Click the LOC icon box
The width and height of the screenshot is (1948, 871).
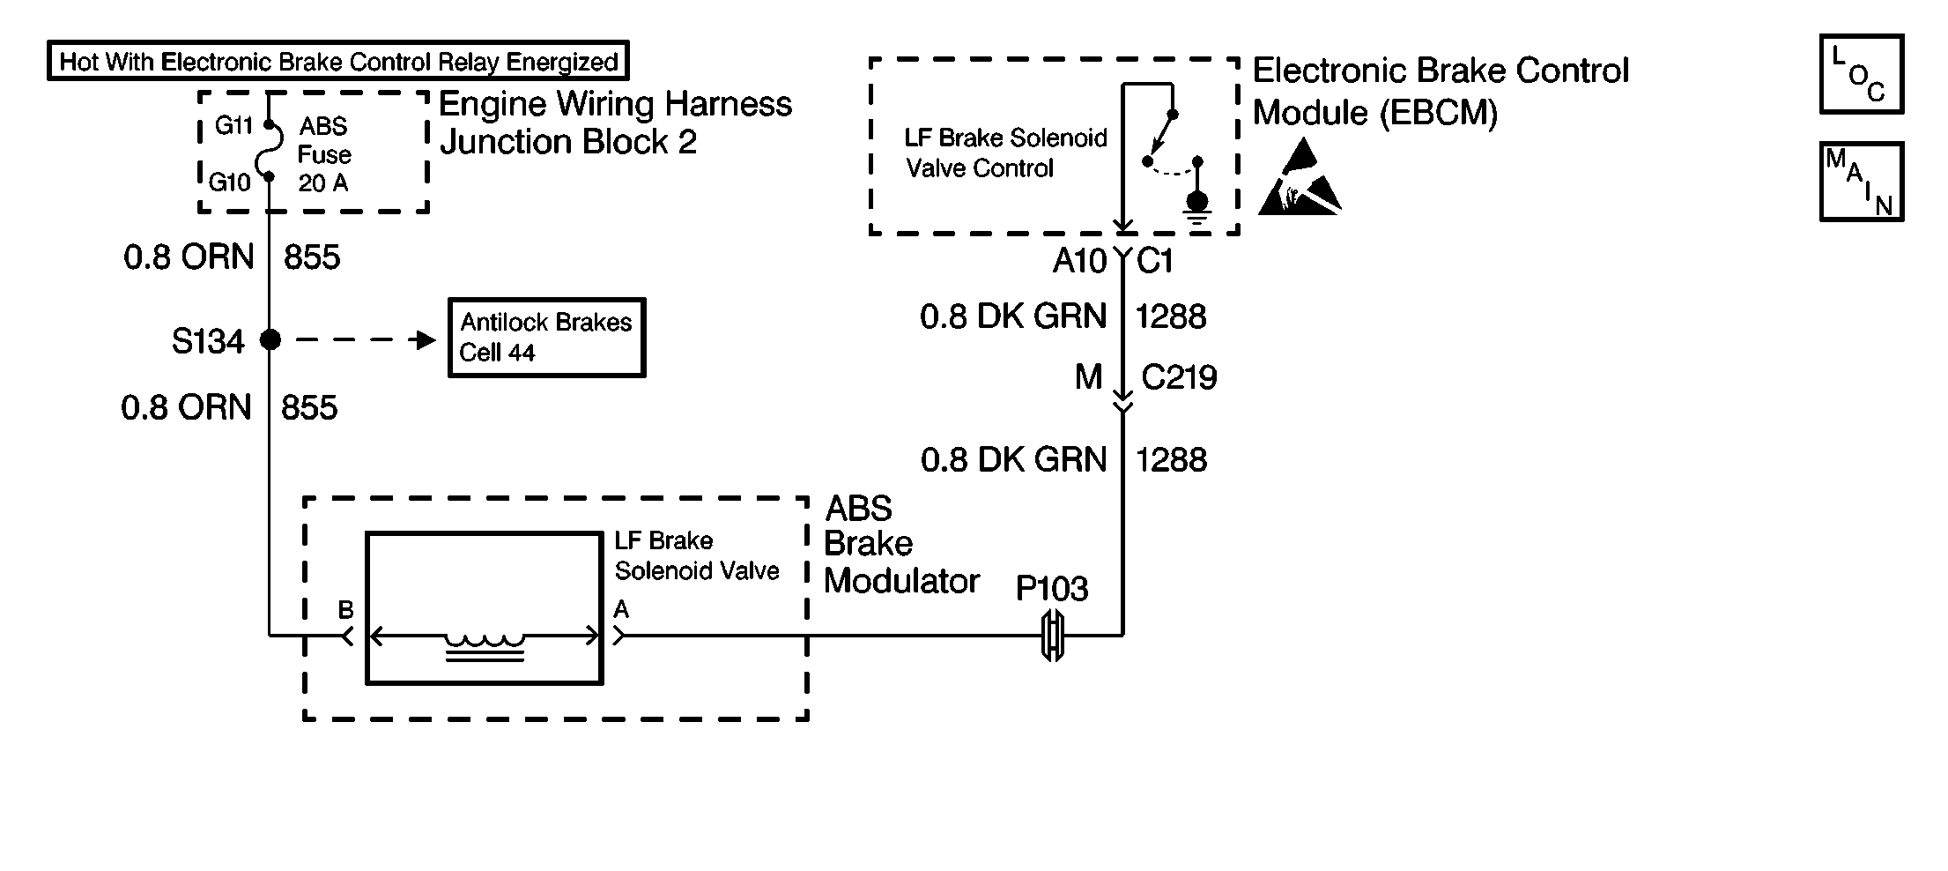point(1862,75)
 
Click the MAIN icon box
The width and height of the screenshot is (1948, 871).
point(1862,182)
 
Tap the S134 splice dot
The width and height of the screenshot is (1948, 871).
point(270,339)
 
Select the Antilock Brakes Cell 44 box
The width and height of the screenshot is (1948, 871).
point(546,338)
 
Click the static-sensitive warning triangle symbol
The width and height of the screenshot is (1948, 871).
point(1298,182)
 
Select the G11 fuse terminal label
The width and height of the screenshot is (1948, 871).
point(233,126)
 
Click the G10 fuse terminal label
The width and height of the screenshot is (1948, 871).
point(230,182)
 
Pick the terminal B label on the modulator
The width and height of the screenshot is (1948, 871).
point(346,610)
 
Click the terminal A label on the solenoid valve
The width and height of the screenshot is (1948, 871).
point(621,609)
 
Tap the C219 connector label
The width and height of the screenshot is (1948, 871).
point(1179,377)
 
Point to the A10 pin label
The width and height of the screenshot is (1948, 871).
point(1079,261)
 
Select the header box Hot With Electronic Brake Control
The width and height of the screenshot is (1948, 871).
point(338,62)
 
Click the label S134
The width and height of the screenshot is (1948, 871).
point(208,341)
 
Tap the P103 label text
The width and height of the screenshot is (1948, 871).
point(1052,588)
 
